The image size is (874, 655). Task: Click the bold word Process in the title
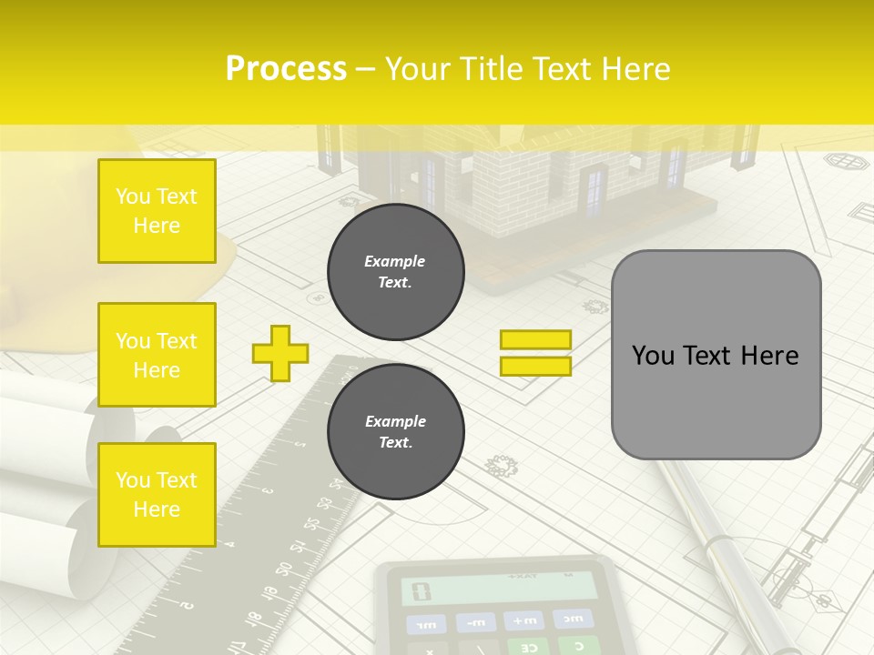coord(286,69)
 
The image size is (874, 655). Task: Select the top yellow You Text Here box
coord(157,211)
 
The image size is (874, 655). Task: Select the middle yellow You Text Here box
coord(157,355)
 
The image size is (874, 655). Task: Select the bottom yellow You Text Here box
coord(157,495)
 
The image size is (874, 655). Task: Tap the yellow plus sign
coord(280,353)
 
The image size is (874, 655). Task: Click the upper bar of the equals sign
coord(535,340)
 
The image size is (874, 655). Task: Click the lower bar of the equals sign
coord(535,366)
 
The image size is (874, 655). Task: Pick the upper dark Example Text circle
coord(396,272)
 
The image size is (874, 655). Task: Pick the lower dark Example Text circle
coord(396,432)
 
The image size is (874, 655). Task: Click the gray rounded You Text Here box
coord(716,355)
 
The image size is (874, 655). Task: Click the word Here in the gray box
coord(769,355)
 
